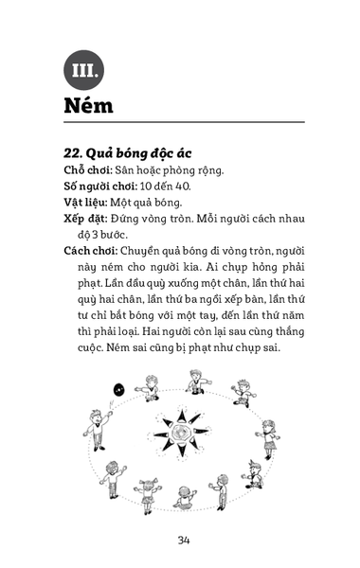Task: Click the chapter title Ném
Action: pyautogui.click(x=89, y=105)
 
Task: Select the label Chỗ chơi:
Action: pyautogui.click(x=87, y=169)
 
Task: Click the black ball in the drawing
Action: pyautogui.click(x=119, y=388)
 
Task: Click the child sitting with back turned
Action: pyautogui.click(x=186, y=498)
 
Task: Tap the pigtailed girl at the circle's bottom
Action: pyautogui.click(x=148, y=494)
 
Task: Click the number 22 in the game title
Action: pyautogui.click(x=72, y=153)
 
